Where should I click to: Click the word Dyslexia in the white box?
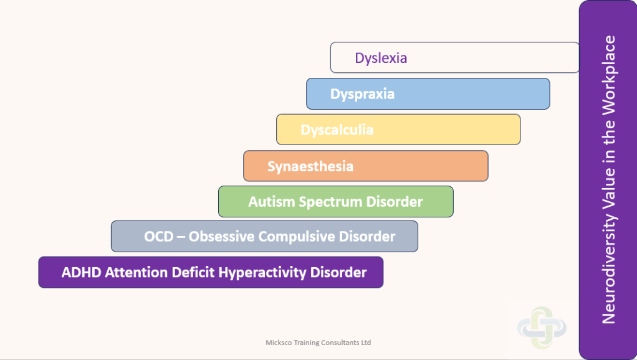381,58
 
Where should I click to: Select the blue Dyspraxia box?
428,94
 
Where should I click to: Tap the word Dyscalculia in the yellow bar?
337,130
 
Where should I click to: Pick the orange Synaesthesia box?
366,166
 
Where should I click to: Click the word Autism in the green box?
271,202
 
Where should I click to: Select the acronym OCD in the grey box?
159,237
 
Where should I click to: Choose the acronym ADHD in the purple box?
81,272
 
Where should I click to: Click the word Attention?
136,272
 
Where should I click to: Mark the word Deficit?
193,272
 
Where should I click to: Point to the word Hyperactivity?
262,273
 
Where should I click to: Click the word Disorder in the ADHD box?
338,272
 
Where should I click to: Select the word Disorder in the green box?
395,202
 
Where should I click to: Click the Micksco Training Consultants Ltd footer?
318,343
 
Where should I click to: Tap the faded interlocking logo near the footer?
542,328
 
